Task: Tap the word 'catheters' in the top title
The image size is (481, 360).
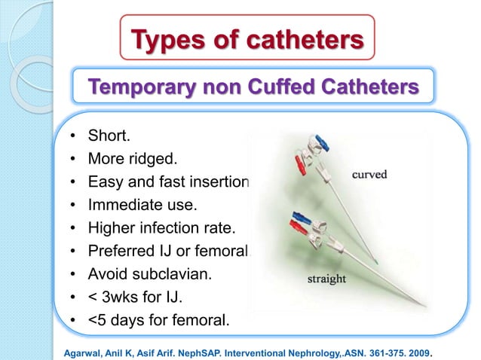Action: click(x=294, y=38)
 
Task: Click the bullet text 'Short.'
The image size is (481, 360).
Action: click(x=109, y=137)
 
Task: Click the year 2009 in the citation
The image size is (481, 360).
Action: click(x=424, y=349)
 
